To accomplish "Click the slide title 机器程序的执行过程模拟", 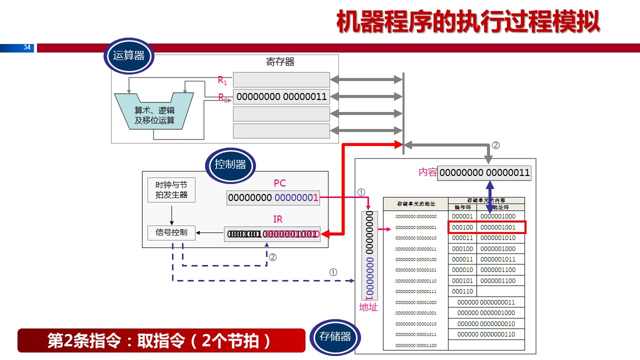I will click(x=467, y=22).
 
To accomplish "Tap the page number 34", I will click(x=27, y=48).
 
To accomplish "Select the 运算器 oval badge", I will click(x=128, y=55).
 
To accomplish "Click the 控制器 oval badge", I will click(x=230, y=164).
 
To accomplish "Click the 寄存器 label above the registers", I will click(x=280, y=62).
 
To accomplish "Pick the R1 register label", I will click(x=222, y=80).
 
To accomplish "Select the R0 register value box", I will click(x=281, y=96).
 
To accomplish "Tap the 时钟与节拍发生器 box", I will click(x=171, y=190).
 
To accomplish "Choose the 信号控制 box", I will click(x=171, y=232).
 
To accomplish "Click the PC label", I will click(x=279, y=183).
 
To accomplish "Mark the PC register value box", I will click(x=273, y=198).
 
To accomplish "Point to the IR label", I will click(x=278, y=219).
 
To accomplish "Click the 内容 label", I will click(x=427, y=172).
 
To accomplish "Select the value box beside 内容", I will click(x=484, y=173).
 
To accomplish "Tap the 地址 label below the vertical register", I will click(x=368, y=307).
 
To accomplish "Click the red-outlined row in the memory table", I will click(x=488, y=227).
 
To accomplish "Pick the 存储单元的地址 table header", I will click(x=415, y=203).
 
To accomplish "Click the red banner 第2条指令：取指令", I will click(x=161, y=340).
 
